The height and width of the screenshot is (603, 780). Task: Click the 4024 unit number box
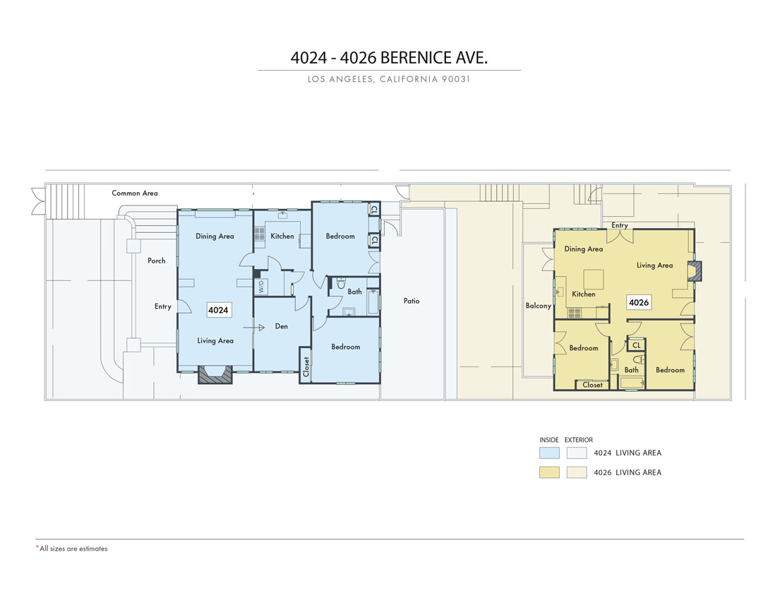pyautogui.click(x=218, y=310)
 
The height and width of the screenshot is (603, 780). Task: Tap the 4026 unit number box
pyautogui.click(x=639, y=302)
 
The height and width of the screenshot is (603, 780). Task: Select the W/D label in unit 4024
pyautogui.click(x=261, y=287)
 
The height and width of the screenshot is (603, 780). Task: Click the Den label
pyautogui.click(x=282, y=326)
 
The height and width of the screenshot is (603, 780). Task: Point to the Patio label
pyautogui.click(x=412, y=301)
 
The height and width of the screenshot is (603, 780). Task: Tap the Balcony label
pyautogui.click(x=539, y=306)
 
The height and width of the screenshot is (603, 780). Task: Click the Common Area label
pyautogui.click(x=135, y=193)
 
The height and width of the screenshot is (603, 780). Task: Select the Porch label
pyautogui.click(x=156, y=261)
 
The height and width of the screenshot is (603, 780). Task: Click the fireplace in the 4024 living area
pyautogui.click(x=215, y=375)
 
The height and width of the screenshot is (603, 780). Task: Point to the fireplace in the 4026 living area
pyautogui.click(x=695, y=271)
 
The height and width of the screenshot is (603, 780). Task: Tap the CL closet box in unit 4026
pyautogui.click(x=636, y=345)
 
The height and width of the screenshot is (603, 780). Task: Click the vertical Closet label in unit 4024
pyautogui.click(x=306, y=366)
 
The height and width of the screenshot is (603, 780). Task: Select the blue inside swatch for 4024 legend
pyautogui.click(x=549, y=453)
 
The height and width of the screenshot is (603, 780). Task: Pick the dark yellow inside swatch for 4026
pyautogui.click(x=549, y=472)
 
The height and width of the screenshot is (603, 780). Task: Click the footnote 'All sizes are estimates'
pyautogui.click(x=73, y=549)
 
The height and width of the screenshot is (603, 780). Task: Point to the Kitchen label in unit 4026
pyautogui.click(x=584, y=294)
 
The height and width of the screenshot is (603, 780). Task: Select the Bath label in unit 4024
pyautogui.click(x=354, y=292)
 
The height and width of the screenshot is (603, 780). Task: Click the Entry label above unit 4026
pyautogui.click(x=619, y=225)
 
